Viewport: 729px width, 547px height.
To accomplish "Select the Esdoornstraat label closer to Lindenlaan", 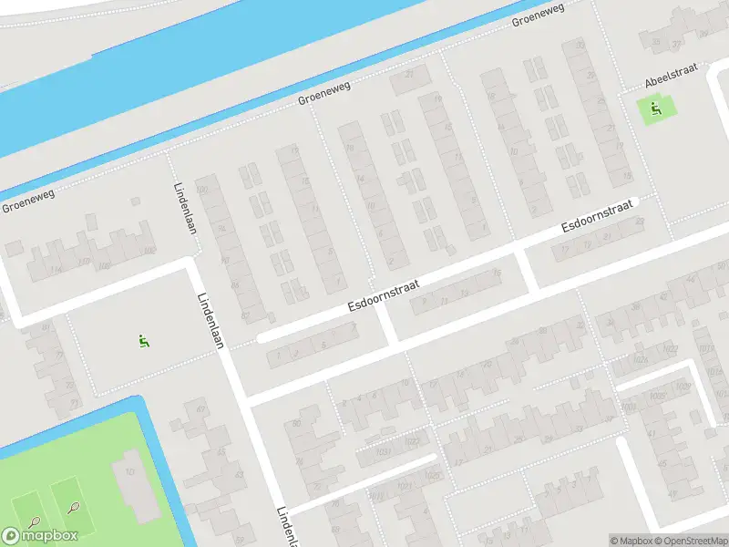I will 383,295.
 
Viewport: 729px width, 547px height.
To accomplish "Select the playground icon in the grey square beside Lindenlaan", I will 143,342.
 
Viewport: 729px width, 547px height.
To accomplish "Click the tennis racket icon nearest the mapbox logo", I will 34,522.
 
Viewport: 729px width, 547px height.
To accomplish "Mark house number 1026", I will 433,476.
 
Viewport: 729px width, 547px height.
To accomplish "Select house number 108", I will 105,265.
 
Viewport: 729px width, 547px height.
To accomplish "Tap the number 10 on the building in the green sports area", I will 129,471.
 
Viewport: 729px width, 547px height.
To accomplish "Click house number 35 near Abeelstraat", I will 655,41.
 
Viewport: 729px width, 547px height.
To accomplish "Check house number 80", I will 295,423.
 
